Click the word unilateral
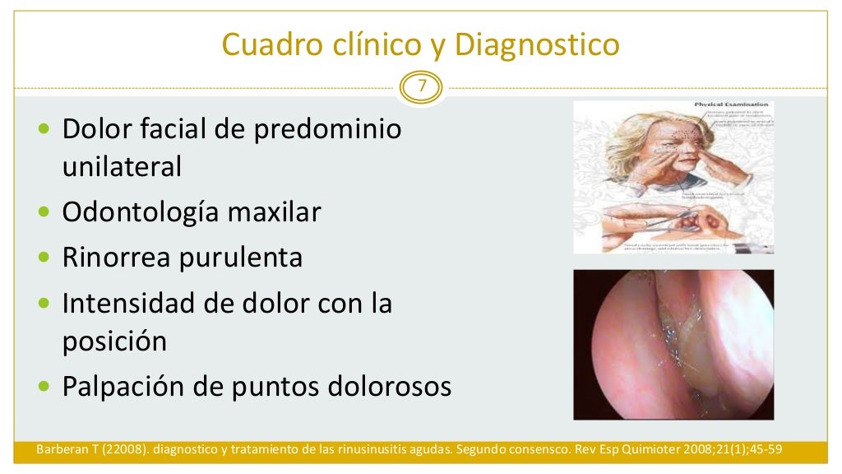(x=122, y=167)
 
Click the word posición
(x=114, y=341)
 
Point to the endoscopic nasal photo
(x=673, y=344)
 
